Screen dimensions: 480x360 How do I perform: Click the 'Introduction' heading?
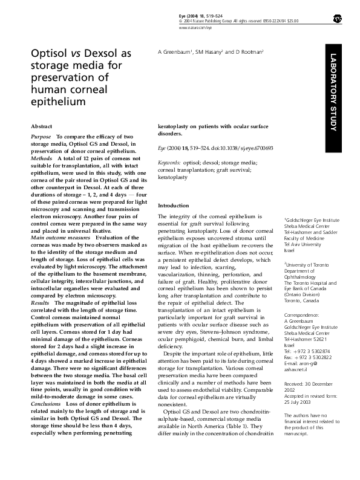(173, 206)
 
